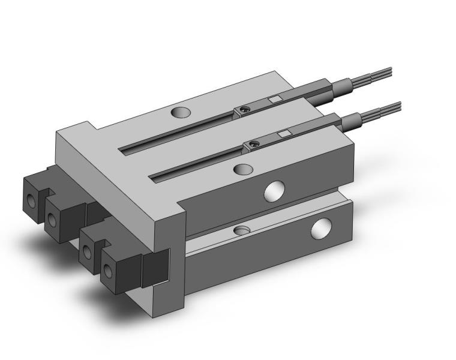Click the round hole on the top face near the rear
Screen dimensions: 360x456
179,112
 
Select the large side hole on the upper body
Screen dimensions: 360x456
274,191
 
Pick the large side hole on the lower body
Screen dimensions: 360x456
320,227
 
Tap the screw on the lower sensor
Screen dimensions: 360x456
254,143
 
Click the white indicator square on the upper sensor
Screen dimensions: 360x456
274,100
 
